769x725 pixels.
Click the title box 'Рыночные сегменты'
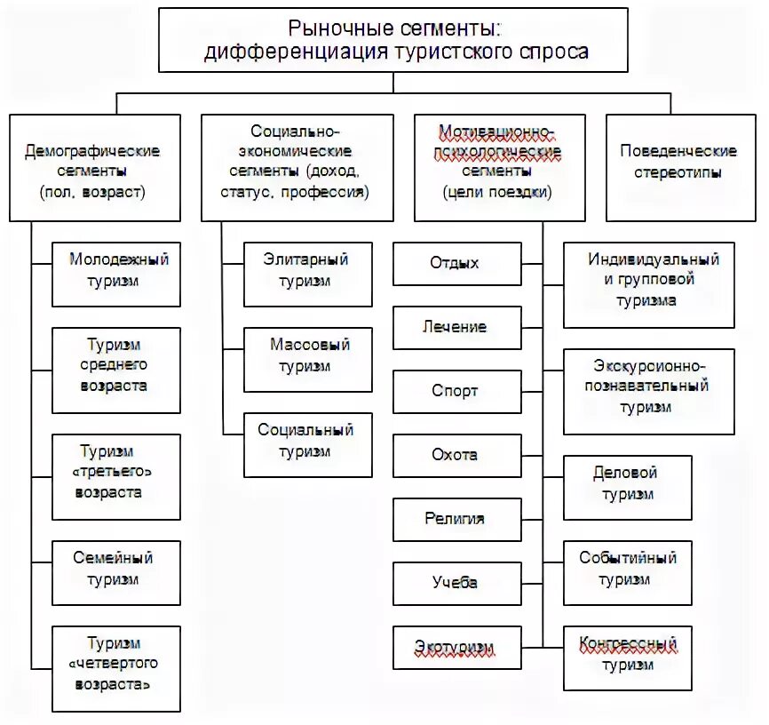(x=394, y=40)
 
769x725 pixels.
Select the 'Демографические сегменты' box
(x=94, y=168)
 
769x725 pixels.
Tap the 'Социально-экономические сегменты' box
(x=297, y=168)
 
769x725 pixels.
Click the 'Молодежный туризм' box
(x=115, y=271)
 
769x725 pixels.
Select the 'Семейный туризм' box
(x=115, y=569)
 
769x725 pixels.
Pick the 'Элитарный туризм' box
(x=307, y=271)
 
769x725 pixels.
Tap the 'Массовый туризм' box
(x=307, y=355)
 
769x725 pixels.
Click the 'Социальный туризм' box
(x=307, y=441)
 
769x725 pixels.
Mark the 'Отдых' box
(x=456, y=264)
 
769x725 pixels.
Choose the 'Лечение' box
(x=456, y=328)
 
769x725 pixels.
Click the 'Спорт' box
(x=456, y=392)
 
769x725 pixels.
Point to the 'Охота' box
(x=456, y=456)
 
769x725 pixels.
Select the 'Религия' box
(x=456, y=520)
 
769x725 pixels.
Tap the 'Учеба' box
(x=456, y=584)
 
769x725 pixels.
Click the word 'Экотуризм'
(x=455, y=648)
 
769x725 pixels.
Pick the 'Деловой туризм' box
(x=627, y=484)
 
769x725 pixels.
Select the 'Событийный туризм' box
(x=627, y=570)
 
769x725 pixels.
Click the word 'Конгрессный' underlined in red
(x=628, y=644)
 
